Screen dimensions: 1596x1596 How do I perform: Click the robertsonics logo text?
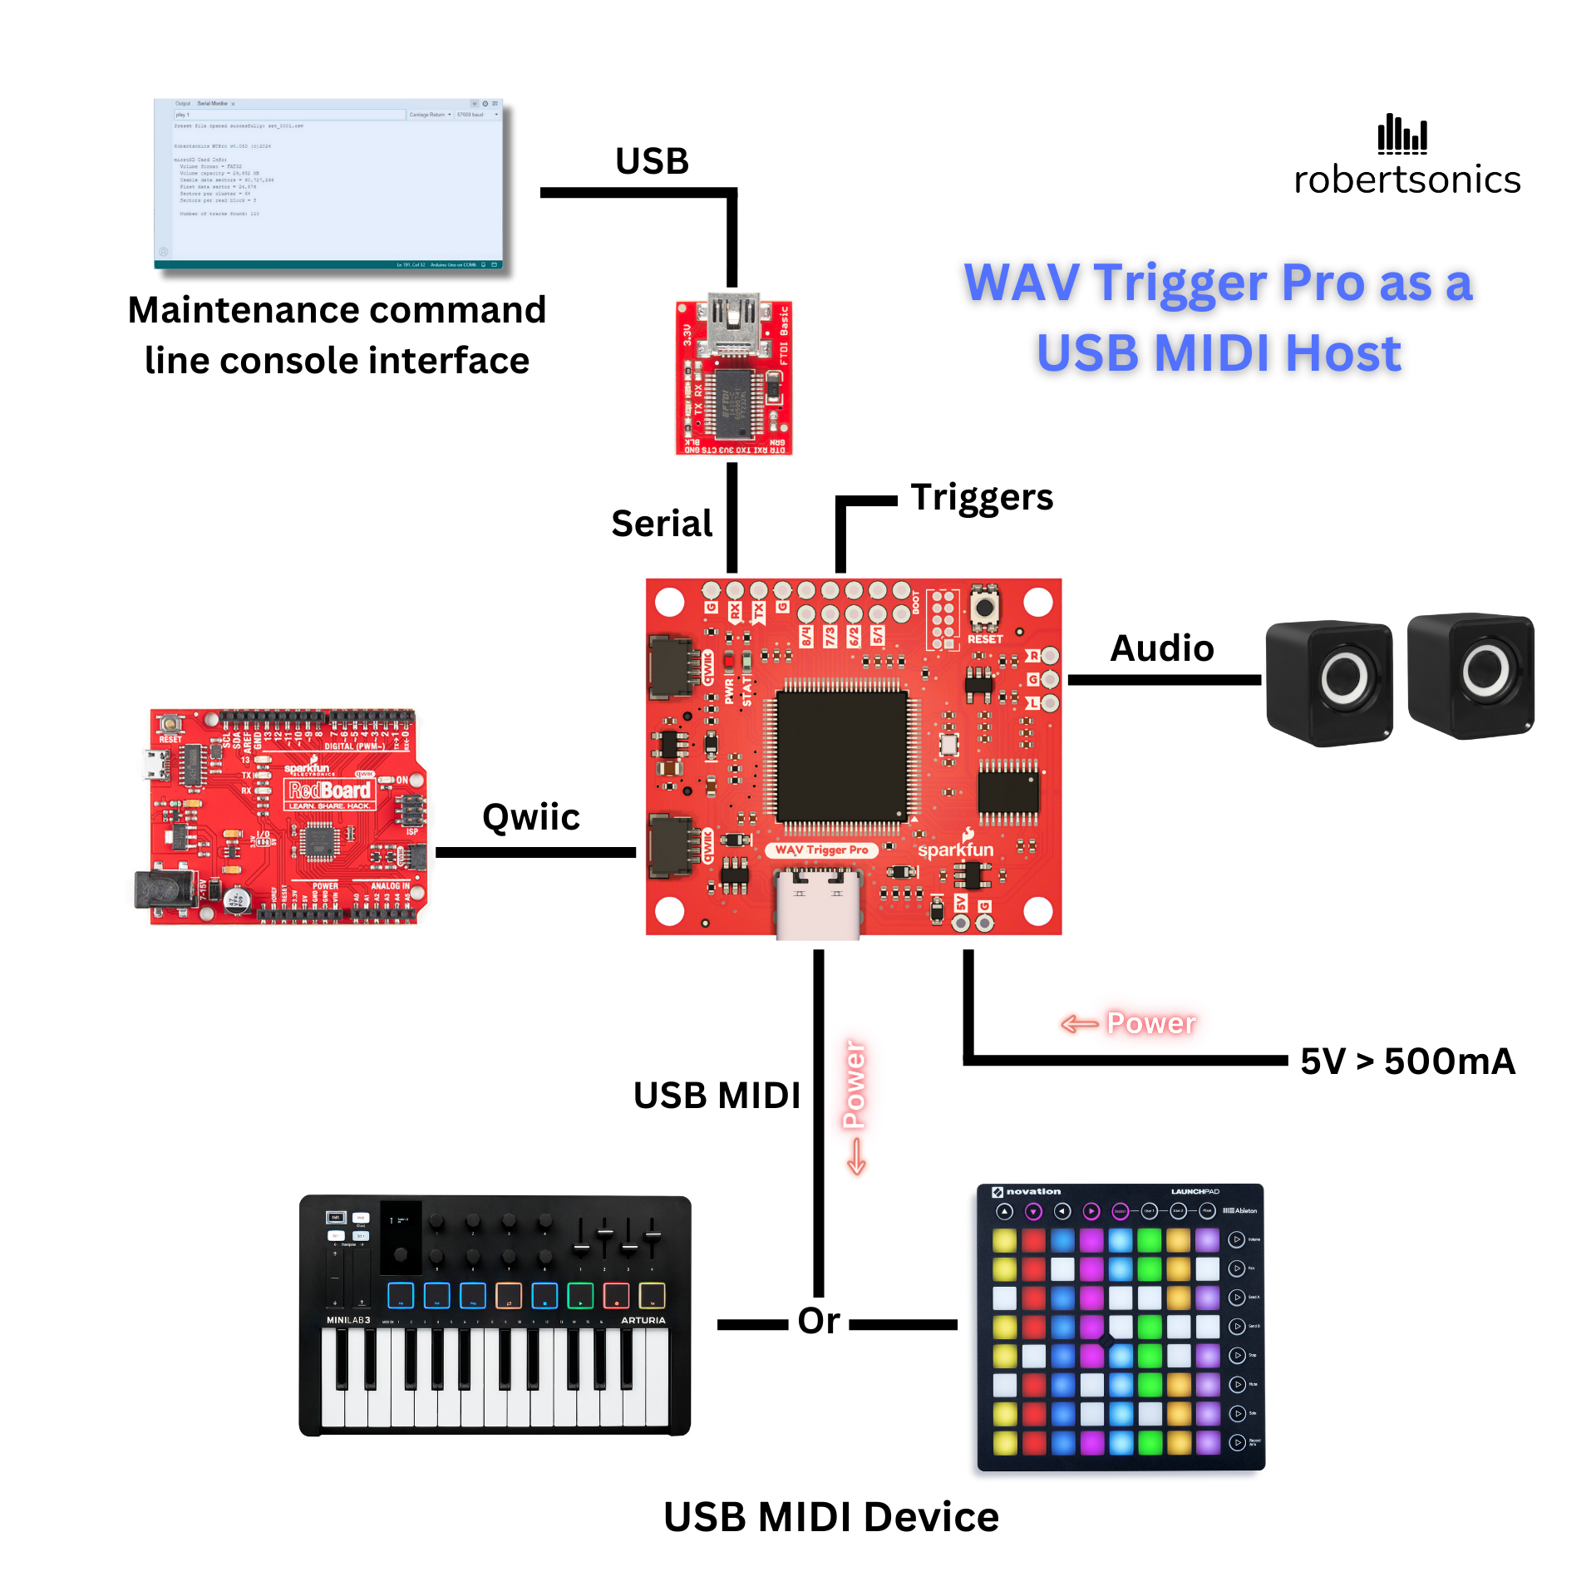1406,180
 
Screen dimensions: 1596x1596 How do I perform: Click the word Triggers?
982,497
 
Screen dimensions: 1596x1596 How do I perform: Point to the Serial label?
662,524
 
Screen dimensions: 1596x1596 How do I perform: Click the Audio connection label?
1162,648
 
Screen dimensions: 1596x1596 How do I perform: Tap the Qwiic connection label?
531,817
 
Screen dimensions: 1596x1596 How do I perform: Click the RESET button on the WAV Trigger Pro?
984,607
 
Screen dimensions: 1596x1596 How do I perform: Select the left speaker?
1329,682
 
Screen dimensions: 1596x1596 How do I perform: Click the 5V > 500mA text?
1408,1062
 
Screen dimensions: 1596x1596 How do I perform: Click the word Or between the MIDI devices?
819,1321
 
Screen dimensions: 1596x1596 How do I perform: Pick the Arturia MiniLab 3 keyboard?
495,1315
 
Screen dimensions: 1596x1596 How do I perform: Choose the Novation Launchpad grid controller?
1121,1327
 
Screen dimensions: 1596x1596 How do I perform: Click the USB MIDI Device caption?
831,1517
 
